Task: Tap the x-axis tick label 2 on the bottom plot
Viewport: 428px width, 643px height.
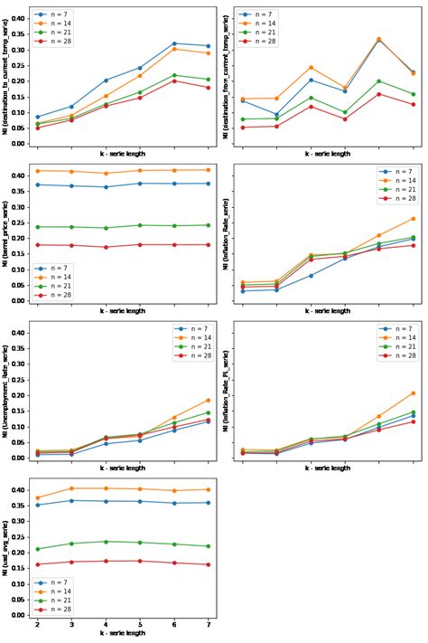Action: point(37,625)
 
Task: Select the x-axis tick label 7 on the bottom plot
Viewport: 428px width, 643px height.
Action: point(209,625)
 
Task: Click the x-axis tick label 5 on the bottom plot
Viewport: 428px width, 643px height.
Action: point(140,625)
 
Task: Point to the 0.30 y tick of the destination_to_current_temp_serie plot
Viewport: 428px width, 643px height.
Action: point(20,50)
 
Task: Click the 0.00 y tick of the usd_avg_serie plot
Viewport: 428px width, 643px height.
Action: point(20,615)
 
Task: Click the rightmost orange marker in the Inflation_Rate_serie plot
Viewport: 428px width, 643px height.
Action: point(413,219)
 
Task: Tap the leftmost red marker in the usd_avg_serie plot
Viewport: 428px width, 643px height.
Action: point(37,565)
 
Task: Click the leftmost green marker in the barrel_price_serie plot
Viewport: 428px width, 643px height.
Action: point(37,227)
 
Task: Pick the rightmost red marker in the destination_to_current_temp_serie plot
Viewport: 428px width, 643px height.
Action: point(209,88)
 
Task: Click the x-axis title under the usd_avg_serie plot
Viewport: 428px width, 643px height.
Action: point(123,634)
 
